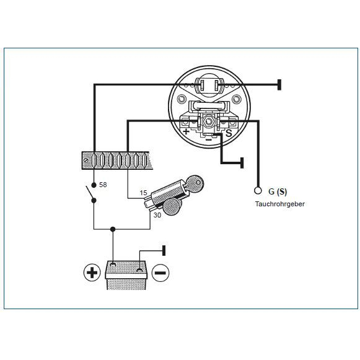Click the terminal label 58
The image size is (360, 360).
pyautogui.click(x=103, y=185)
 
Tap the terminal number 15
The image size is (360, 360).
pyautogui.click(x=143, y=193)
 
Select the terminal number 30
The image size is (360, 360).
pyautogui.click(x=157, y=215)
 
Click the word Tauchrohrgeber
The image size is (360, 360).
pyautogui.click(x=280, y=204)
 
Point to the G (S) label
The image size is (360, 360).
pyautogui.click(x=278, y=191)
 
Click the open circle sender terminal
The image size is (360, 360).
pyautogui.click(x=258, y=191)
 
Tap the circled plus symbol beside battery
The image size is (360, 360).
pyautogui.click(x=92, y=273)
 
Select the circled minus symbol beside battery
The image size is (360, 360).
pyautogui.click(x=160, y=273)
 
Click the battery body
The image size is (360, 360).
pyautogui.click(x=126, y=276)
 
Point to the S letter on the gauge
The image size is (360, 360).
pyautogui.click(x=229, y=133)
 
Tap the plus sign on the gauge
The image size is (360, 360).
pyautogui.click(x=186, y=131)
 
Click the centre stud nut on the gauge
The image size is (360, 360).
pyautogui.click(x=208, y=121)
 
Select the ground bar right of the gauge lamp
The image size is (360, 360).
pyautogui.click(x=279, y=85)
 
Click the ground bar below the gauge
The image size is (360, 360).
pyautogui.click(x=242, y=163)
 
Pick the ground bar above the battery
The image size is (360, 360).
pyautogui.click(x=164, y=250)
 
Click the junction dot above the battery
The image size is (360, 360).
pyautogui.click(x=113, y=229)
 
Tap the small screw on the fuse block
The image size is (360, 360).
pyautogui.click(x=86, y=160)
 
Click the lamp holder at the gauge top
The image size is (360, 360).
pyautogui.click(x=209, y=86)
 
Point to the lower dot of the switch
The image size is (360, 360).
pyautogui.click(x=94, y=200)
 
